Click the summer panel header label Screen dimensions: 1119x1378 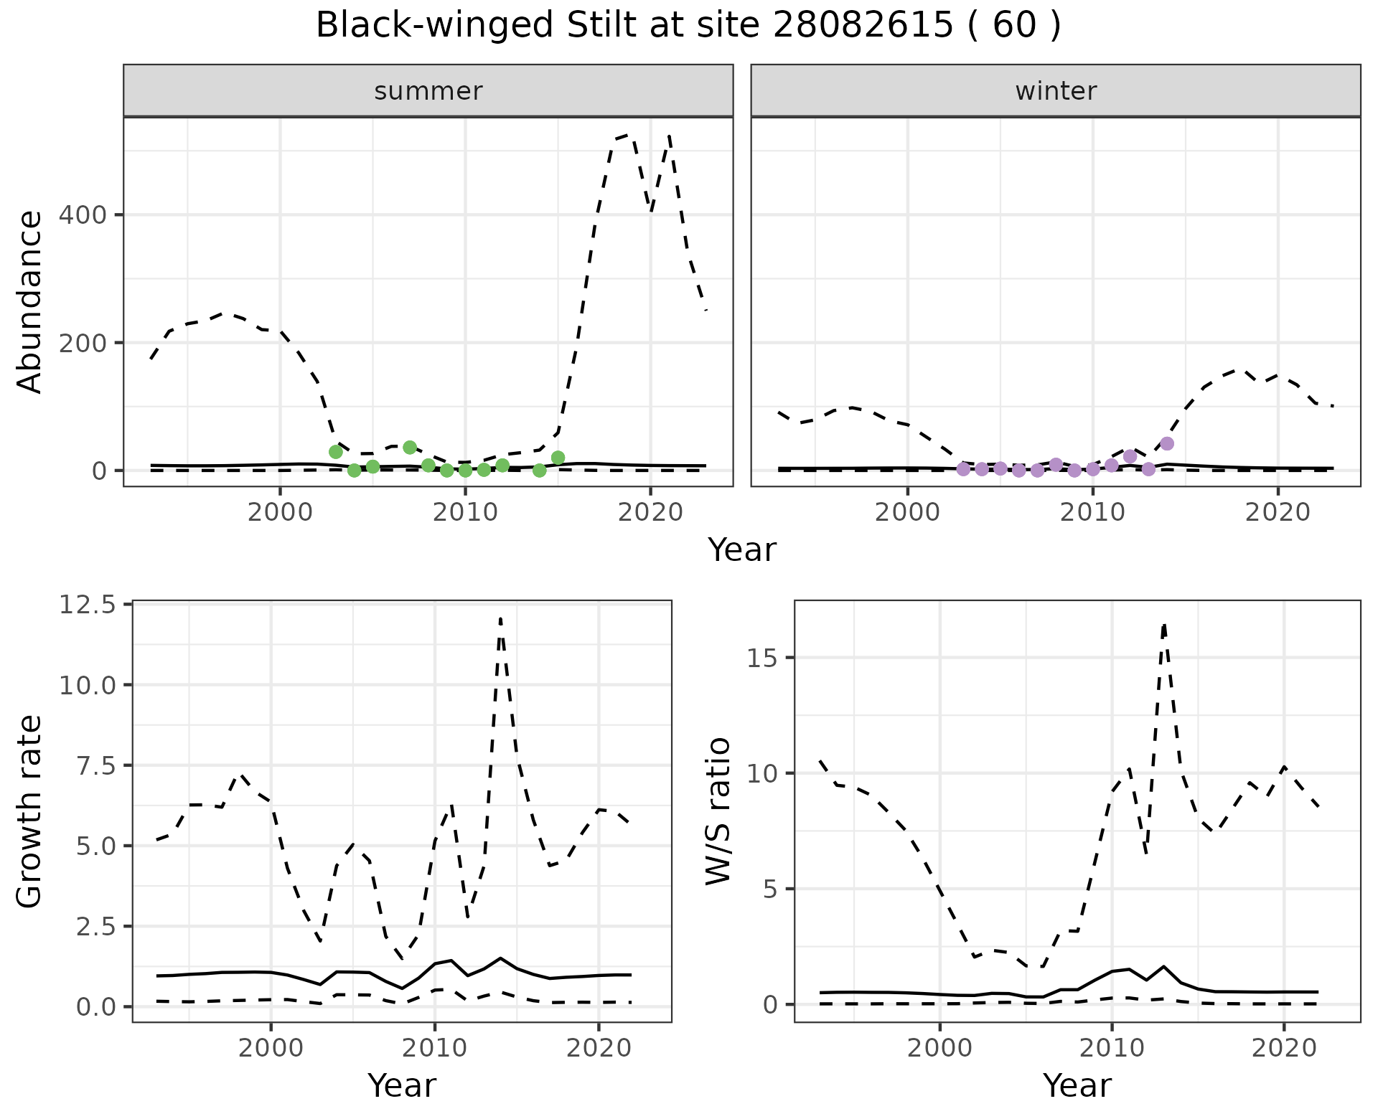[428, 91]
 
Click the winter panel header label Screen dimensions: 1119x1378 [1056, 91]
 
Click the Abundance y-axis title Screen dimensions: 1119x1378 [30, 302]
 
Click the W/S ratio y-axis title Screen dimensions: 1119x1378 [718, 811]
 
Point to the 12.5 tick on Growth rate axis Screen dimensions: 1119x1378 [87, 605]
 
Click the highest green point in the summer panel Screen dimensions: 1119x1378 [410, 448]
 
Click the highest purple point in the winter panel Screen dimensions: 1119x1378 [1167, 443]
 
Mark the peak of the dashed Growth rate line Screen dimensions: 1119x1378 [500, 618]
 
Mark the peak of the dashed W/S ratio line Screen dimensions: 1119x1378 [1164, 625]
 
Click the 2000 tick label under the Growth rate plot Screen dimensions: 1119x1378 [271, 1048]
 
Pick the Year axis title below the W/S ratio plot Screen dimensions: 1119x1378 [1077, 1085]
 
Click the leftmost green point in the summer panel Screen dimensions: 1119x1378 [335, 452]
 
